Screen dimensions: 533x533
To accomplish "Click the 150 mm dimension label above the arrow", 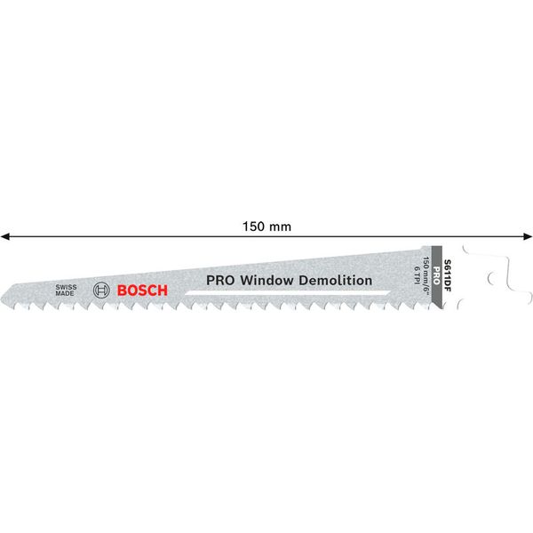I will (x=267, y=226).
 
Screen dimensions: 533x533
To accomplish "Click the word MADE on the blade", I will (x=66, y=295).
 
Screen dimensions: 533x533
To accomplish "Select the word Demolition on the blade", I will (x=338, y=279).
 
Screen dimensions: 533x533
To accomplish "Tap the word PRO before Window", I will (x=219, y=279).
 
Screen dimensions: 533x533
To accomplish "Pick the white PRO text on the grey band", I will (x=436, y=266).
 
